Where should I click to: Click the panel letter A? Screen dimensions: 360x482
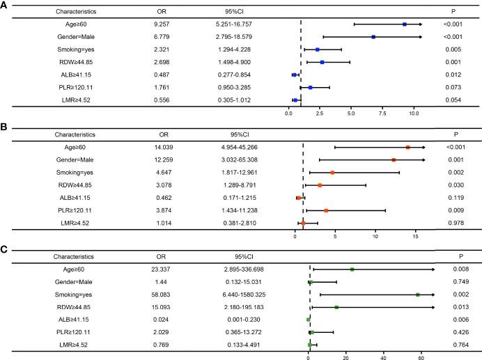5,5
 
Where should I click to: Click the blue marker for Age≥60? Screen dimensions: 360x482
405,24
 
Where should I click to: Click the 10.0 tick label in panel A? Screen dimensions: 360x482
414,111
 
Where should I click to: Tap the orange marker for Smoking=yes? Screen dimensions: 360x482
332,173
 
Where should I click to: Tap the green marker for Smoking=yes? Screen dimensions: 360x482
418,295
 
